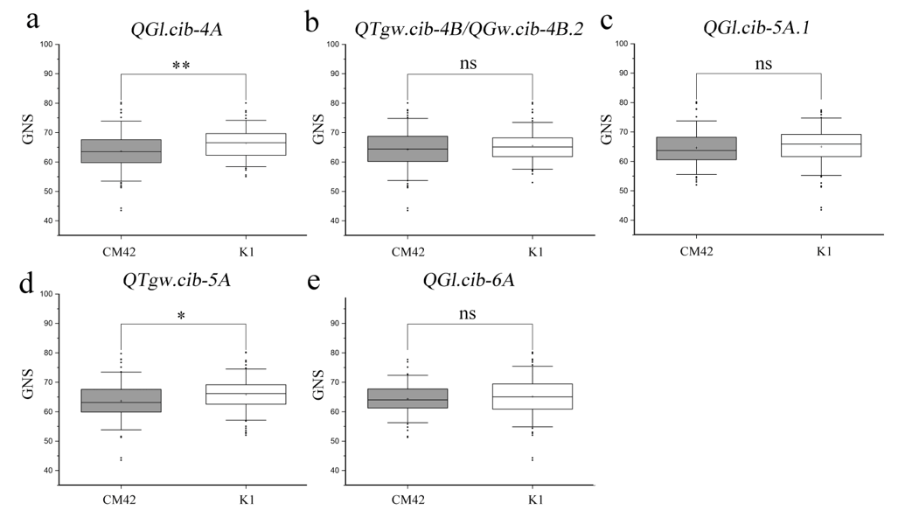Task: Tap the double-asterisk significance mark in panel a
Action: point(182,66)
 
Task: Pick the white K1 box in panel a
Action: point(245,144)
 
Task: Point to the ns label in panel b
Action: point(470,63)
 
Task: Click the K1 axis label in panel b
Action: point(533,251)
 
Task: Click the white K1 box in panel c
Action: point(821,144)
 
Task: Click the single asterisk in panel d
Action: point(182,317)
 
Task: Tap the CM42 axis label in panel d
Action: point(121,501)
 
